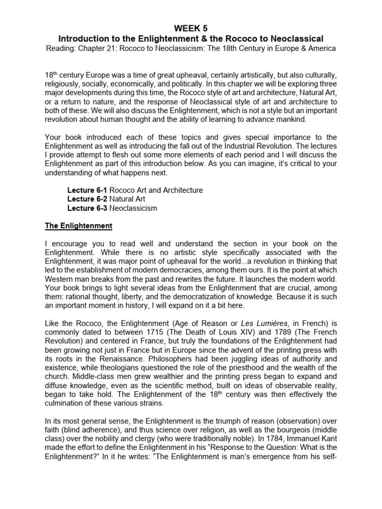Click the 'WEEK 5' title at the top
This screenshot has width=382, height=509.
click(191, 27)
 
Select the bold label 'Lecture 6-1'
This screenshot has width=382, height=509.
click(87, 190)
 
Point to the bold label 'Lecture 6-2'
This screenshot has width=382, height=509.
click(87, 199)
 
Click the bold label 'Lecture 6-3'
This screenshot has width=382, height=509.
click(87, 208)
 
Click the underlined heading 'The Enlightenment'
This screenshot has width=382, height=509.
click(79, 226)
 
